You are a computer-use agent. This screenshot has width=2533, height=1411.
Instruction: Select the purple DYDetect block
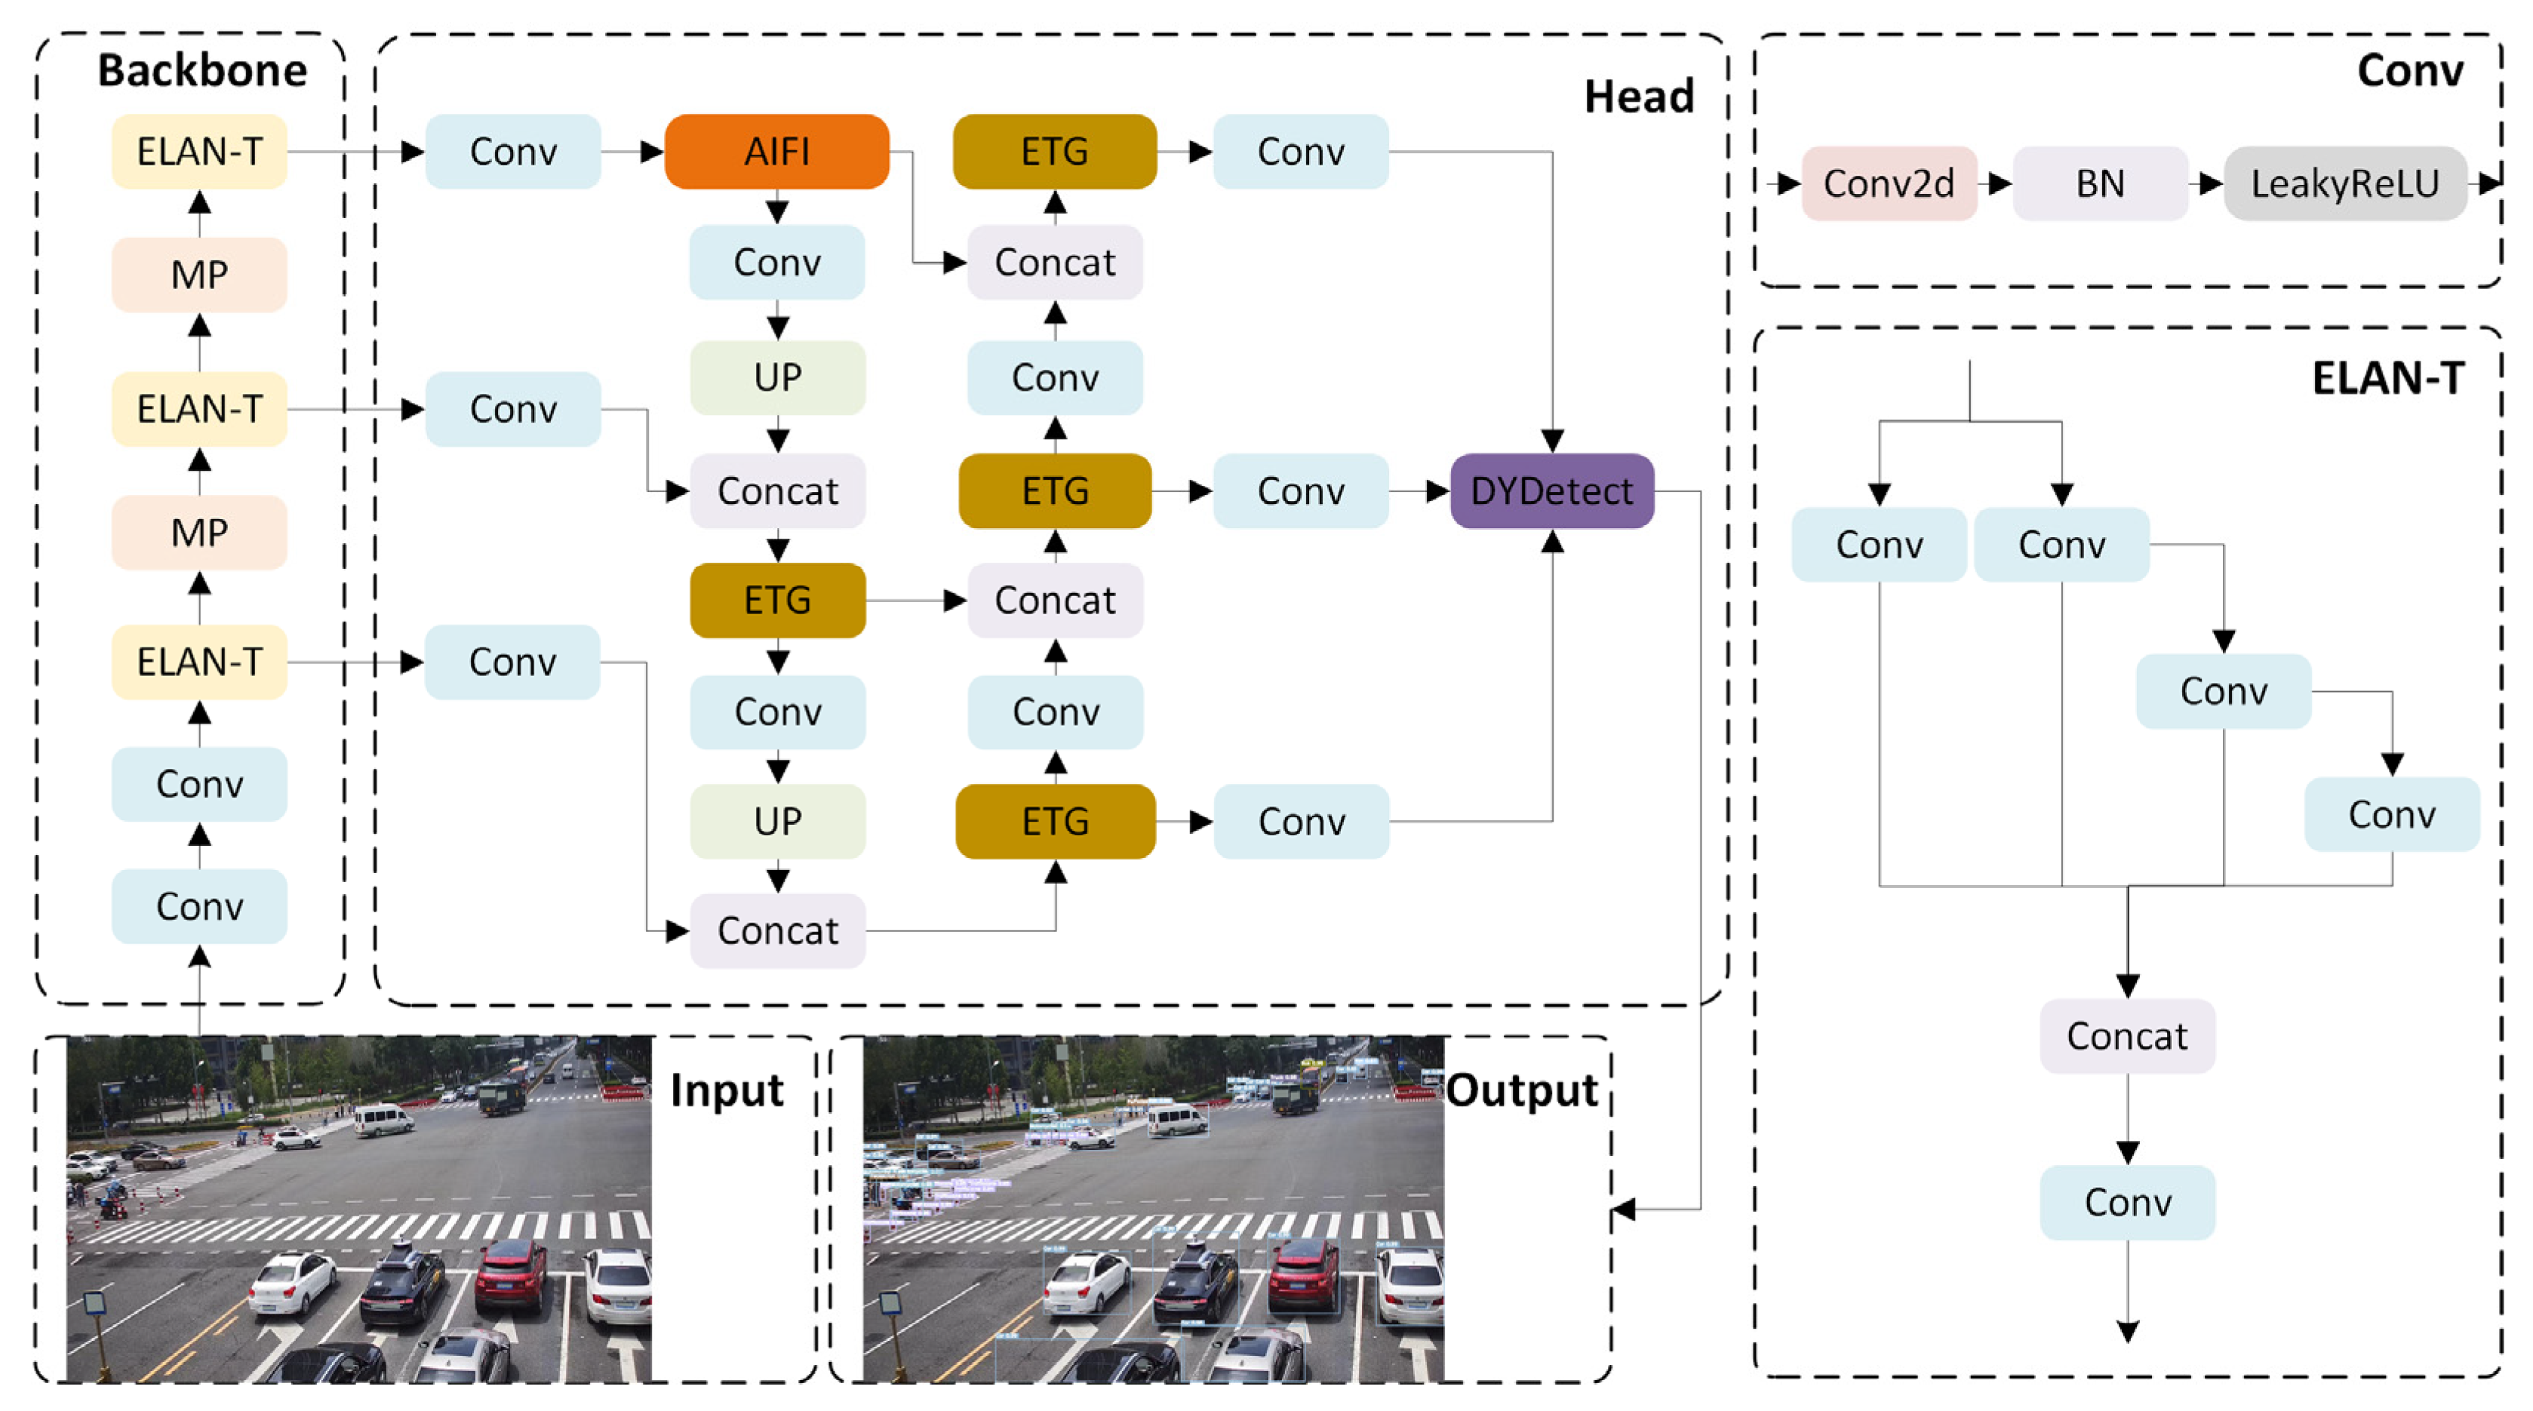tap(1551, 490)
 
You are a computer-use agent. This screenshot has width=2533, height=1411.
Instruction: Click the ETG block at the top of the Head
tap(1054, 152)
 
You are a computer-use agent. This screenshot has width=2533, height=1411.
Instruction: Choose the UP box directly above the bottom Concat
tap(777, 821)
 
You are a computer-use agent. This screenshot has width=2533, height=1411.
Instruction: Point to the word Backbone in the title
tap(201, 70)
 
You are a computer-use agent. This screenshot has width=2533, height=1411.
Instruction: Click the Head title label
tap(1638, 97)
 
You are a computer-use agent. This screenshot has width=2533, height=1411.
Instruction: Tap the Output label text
tap(1521, 1090)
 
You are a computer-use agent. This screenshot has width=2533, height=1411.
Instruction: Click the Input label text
tap(726, 1090)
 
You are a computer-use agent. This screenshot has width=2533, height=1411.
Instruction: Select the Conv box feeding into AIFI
tap(512, 152)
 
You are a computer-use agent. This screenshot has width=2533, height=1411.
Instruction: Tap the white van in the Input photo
tap(383, 1119)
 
